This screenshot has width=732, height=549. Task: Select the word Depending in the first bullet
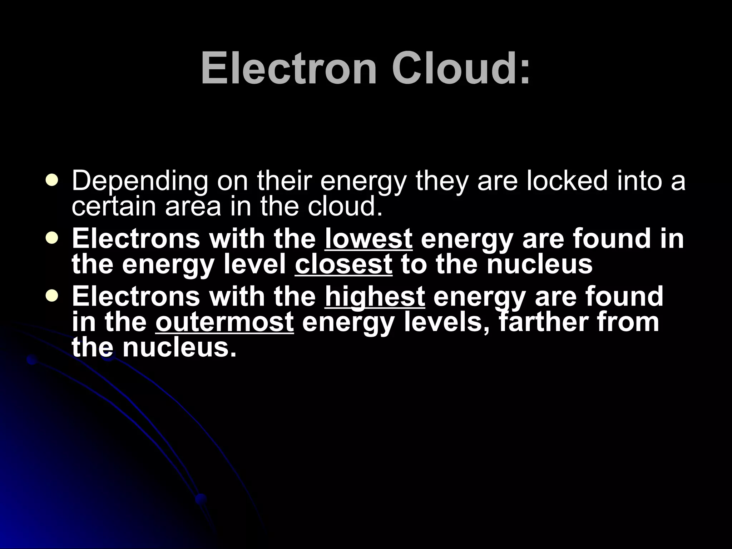(x=140, y=182)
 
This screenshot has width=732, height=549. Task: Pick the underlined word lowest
(x=369, y=239)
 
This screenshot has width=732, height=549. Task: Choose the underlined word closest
(x=343, y=264)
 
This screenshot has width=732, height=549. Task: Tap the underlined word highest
(x=375, y=297)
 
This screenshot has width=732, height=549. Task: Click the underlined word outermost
(x=224, y=322)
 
